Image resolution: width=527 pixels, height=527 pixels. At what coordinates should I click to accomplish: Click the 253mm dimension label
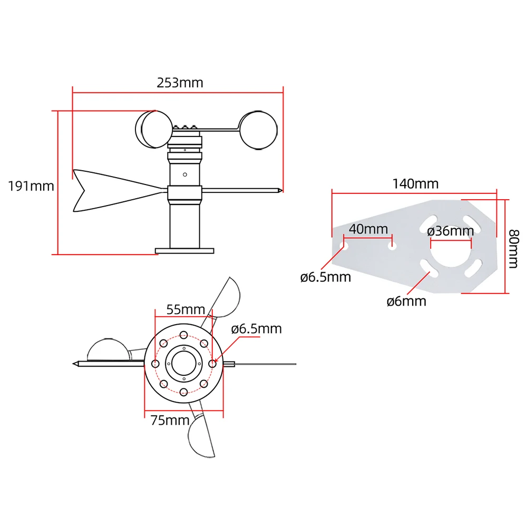coord(180,83)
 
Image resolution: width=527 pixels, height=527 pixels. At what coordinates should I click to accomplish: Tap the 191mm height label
coord(31,186)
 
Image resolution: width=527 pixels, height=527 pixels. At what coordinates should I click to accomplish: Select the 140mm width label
coord(415,183)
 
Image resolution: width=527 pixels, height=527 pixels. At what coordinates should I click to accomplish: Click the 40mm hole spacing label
coord(368,229)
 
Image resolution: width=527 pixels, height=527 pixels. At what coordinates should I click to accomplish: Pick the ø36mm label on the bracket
coord(451,231)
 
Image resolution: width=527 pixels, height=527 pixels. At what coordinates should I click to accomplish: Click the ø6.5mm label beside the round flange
coord(257,329)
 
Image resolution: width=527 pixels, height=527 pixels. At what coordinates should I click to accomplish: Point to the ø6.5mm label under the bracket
coord(325,277)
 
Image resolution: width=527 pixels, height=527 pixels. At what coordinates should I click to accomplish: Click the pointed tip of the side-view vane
coord(282,190)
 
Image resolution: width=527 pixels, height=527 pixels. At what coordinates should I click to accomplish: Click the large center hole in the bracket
coord(451,253)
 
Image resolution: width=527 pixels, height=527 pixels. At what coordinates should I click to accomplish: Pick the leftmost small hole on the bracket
coord(344,246)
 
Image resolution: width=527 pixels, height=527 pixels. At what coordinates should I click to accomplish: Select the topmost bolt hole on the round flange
coord(183,335)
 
